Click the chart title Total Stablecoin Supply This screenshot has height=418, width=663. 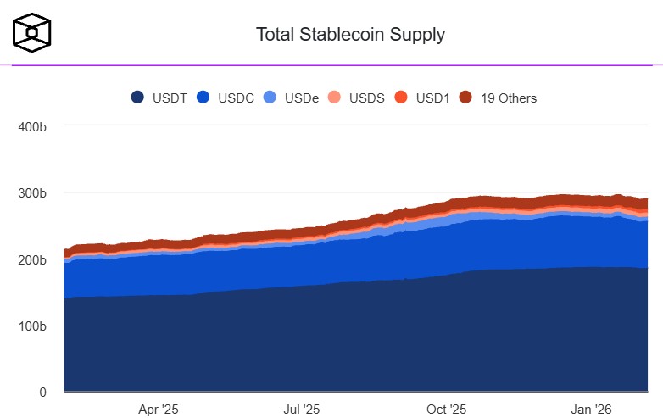(350, 35)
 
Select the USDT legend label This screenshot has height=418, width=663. (170, 98)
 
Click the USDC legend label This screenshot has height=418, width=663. (237, 98)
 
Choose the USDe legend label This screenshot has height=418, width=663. (302, 98)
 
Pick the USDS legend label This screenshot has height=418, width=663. (367, 98)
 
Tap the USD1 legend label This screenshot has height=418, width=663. (432, 98)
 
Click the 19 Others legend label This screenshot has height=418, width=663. (509, 98)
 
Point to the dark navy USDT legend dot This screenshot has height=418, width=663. (137, 98)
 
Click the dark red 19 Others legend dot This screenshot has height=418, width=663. (465, 98)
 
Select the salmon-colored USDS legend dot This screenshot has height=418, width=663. (335, 98)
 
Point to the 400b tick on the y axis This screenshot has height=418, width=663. (31, 126)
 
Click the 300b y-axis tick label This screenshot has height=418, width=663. (31, 193)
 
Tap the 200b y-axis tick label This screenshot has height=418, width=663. (31, 259)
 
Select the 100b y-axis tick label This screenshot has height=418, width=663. (31, 326)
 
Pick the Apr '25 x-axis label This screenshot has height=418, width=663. (159, 410)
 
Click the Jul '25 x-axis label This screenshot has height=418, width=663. (301, 410)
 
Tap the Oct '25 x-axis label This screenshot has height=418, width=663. (447, 410)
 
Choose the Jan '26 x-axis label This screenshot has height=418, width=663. (592, 410)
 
